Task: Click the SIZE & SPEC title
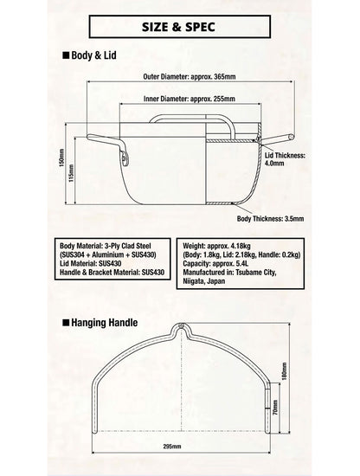tap(178, 27)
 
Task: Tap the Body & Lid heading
tap(93, 55)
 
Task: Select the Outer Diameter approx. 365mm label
tap(190, 76)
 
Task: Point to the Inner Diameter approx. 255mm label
tap(190, 99)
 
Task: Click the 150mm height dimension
tap(61, 158)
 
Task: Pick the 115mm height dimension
tap(71, 173)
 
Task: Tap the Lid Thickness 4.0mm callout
tap(285, 159)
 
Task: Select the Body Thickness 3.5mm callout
tap(270, 219)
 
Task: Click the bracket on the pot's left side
tap(125, 158)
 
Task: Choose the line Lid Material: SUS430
tap(91, 263)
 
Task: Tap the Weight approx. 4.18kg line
tap(216, 246)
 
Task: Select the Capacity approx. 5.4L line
tap(215, 263)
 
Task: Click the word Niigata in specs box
tap(194, 281)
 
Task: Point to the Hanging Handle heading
tap(104, 323)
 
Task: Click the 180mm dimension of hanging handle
tap(285, 370)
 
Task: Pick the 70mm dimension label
tap(275, 408)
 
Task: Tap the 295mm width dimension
tap(172, 447)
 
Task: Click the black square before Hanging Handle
tap(66, 322)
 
